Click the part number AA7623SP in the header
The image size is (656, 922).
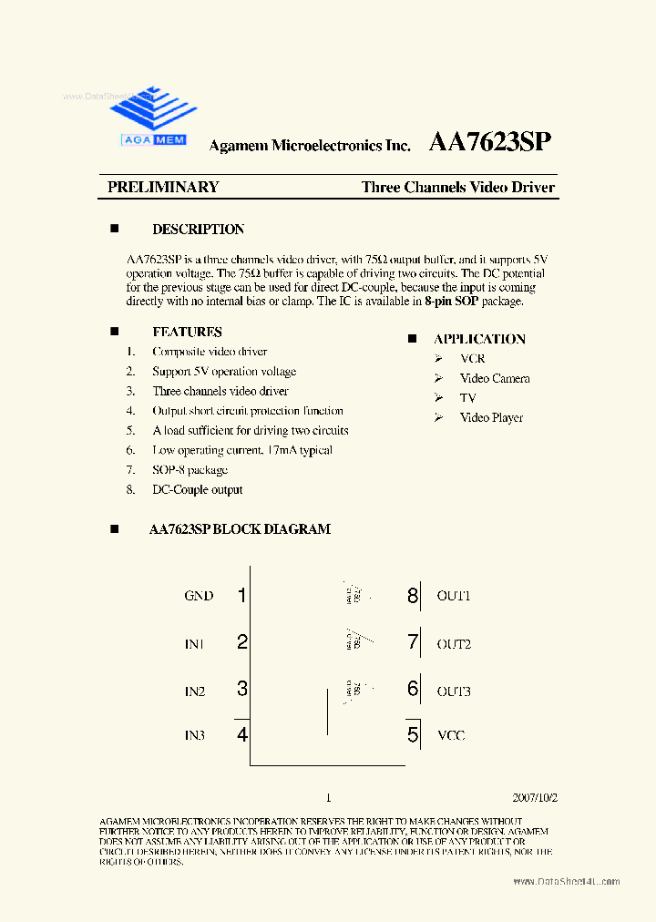(489, 143)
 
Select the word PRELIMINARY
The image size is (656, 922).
(163, 187)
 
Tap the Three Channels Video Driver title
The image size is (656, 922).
(457, 187)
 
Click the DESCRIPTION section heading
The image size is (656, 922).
(198, 230)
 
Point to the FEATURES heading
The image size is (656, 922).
(187, 332)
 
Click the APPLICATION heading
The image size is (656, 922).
(479, 339)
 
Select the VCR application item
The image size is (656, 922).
(473, 359)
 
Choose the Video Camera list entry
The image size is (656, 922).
(494, 378)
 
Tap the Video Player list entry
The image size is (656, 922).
(491, 417)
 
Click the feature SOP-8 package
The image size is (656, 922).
(190, 470)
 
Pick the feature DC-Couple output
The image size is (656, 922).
(197, 489)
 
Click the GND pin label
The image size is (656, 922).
(199, 596)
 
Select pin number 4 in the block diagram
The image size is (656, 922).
(242, 734)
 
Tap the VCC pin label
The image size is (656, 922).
(451, 735)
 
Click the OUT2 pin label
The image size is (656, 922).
(453, 644)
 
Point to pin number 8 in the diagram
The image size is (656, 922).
(413, 596)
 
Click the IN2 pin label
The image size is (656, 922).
(195, 691)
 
